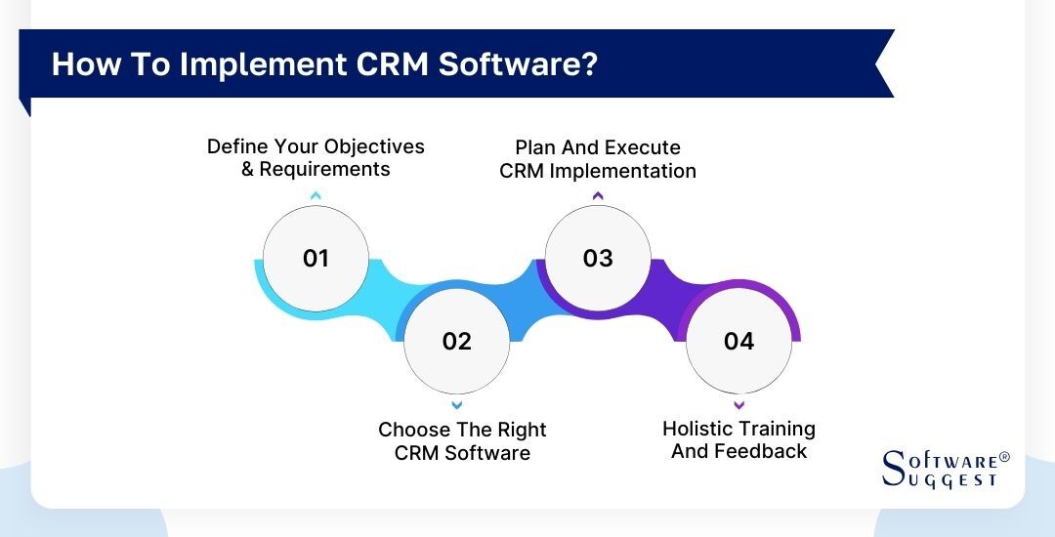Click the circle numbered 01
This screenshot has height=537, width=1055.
click(316, 259)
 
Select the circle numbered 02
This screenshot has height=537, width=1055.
click(456, 341)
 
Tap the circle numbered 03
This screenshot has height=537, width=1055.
click(597, 259)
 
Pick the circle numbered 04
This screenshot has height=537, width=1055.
click(738, 341)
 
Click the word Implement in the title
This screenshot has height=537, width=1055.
click(254, 64)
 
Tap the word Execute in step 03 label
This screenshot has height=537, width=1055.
click(642, 147)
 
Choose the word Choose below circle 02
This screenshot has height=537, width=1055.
click(414, 430)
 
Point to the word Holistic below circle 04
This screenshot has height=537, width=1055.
click(699, 429)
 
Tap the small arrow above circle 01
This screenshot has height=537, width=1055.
click(316, 196)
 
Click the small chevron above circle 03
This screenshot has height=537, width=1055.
click(597, 196)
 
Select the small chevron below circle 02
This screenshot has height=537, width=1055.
click(456, 404)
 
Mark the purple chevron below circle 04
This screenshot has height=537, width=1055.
click(738, 404)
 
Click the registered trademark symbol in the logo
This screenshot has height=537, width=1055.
click(1004, 457)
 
